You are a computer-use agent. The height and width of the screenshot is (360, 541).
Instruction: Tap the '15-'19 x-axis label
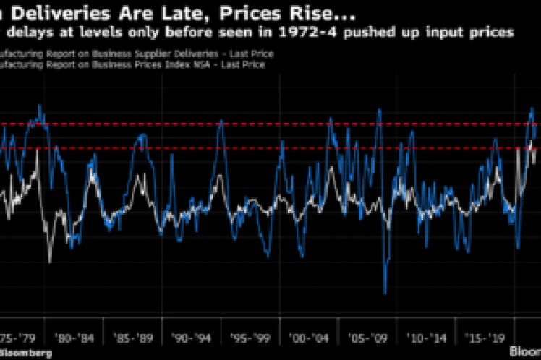tap(483, 337)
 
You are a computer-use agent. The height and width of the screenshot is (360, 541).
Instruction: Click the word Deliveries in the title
tap(57, 11)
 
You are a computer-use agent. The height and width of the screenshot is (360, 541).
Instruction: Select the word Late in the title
tap(149, 11)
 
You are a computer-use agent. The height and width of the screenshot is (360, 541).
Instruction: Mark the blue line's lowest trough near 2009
tap(385, 293)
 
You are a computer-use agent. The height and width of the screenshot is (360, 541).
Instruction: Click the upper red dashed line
tap(217, 124)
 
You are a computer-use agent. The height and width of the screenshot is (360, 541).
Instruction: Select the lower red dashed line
tap(217, 148)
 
